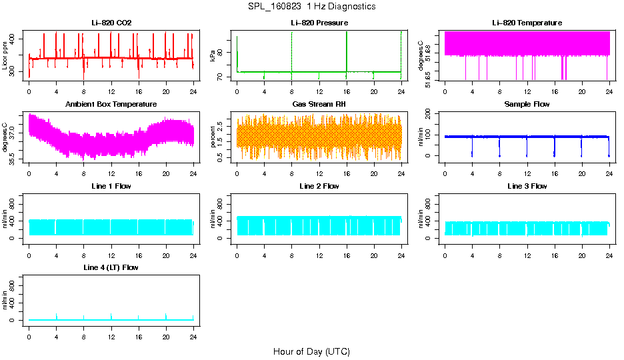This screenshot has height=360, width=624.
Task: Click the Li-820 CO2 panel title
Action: coord(111,23)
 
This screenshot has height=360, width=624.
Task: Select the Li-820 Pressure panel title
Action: coord(319,23)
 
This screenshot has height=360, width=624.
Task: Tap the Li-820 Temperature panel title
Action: coord(527,23)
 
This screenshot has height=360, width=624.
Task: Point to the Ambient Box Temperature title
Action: coord(111,105)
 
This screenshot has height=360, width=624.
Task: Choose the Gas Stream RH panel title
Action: coord(319,105)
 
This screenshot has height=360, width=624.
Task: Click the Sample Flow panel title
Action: coord(527,105)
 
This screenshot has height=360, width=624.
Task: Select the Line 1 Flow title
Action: coord(111,186)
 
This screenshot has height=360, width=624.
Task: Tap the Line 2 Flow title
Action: coord(319,186)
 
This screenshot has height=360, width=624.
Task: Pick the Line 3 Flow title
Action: coord(527,186)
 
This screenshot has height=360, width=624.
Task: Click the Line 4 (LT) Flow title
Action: coord(111,267)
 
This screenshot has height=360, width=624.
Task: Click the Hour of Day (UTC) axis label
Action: coord(311,351)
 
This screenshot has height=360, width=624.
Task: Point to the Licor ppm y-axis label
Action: coord(5,57)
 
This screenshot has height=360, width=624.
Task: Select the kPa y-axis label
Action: coord(213,57)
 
